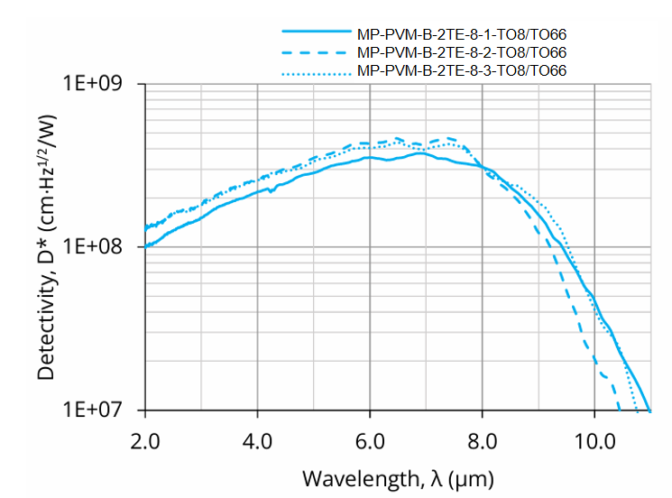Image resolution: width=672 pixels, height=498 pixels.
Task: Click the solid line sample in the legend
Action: click(315, 34)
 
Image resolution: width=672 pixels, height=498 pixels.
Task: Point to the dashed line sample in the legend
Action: click(315, 52)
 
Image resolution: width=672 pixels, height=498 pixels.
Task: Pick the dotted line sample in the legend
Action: click(315, 70)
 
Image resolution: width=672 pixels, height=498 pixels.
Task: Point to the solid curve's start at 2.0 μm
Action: click(145, 246)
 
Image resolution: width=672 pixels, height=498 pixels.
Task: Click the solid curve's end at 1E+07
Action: click(649, 410)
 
